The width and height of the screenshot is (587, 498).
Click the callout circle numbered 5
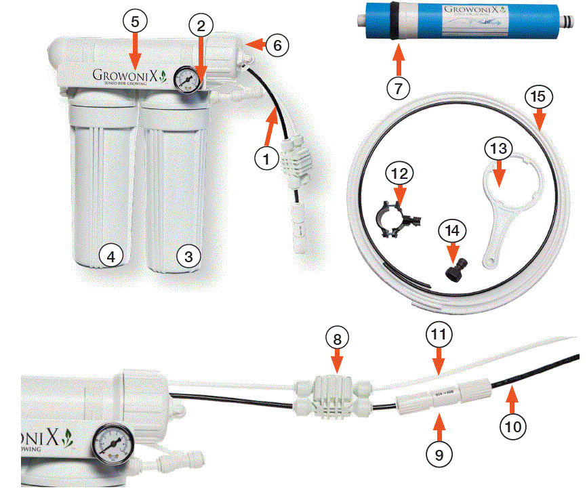coord(135,22)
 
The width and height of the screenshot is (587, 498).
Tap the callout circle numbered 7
coord(399,87)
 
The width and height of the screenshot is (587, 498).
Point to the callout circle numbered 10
coord(513,426)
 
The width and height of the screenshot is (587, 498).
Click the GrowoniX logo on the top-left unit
coord(129,75)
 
